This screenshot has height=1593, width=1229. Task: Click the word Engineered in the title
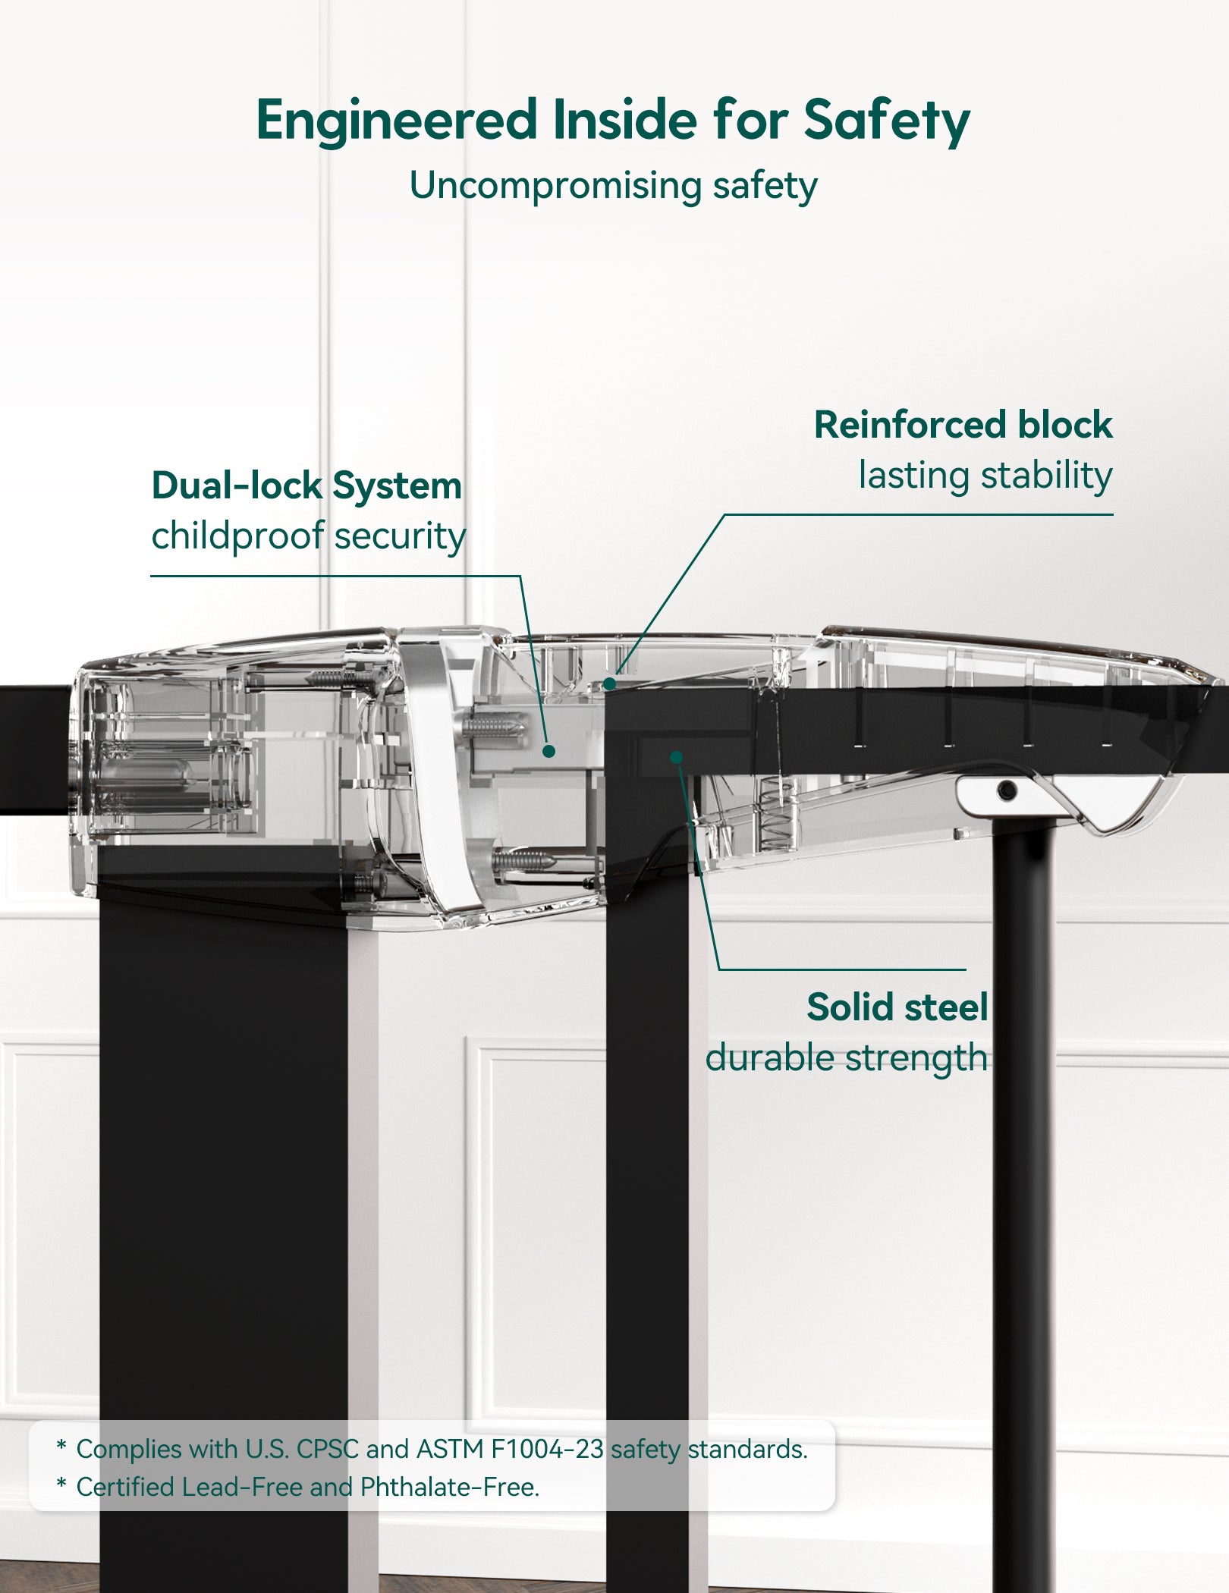[397, 121]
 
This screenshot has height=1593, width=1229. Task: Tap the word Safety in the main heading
[886, 121]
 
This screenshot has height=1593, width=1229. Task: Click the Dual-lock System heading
[306, 486]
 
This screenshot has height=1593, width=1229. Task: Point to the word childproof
[237, 536]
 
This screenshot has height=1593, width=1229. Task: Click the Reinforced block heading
[962, 425]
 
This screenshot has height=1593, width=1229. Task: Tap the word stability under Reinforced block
[1047, 476]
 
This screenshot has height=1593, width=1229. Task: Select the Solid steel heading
[897, 1007]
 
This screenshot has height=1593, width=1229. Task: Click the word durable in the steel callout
[770, 1057]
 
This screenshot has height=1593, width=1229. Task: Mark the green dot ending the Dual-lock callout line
[549, 751]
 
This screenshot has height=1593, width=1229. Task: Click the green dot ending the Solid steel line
[676, 757]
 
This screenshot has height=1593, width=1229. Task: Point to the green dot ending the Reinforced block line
[609, 684]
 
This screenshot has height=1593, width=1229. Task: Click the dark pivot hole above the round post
[1007, 791]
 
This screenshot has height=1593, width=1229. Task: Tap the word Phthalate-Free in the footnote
[449, 1488]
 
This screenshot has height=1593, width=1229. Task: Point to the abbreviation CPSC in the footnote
[327, 1450]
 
